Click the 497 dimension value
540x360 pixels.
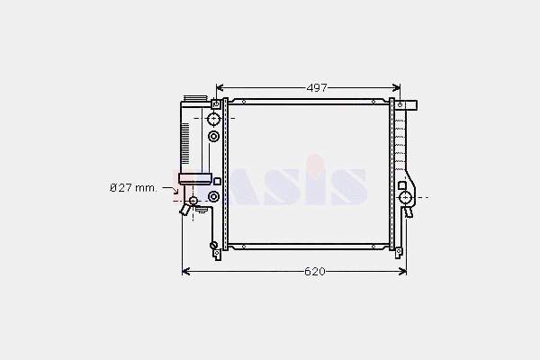tap(317, 88)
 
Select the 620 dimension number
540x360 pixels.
tap(315, 272)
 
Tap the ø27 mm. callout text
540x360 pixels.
tap(133, 188)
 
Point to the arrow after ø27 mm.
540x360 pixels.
tap(170, 189)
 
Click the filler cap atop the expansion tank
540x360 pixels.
tap(195, 98)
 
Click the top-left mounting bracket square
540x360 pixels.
tap(216, 104)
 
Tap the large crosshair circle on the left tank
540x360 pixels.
tap(213, 119)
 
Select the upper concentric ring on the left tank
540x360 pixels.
tap(213, 137)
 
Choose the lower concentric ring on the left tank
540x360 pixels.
tap(213, 196)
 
